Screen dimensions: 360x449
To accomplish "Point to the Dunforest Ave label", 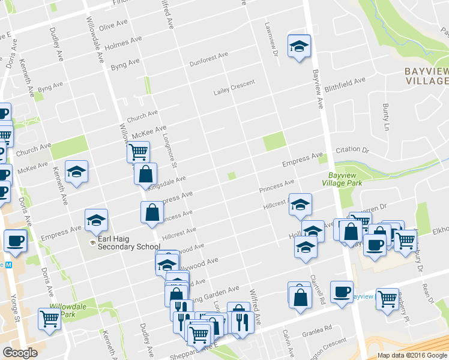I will [209, 58].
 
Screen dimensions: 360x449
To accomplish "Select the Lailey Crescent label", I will [234, 88].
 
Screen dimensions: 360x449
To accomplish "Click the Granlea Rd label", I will [318, 329].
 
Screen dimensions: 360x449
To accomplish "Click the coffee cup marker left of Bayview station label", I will [342, 292].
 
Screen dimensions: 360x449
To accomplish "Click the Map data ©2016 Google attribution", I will [412, 355].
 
